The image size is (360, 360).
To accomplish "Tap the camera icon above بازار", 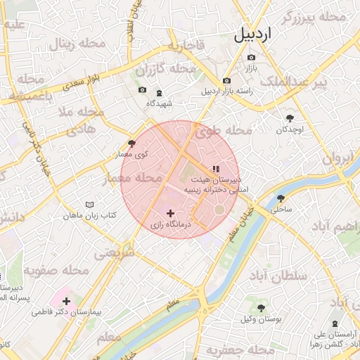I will pyautogui.click(x=251, y=57).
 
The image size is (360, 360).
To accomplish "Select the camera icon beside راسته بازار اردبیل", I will pyautogui.click(x=226, y=81).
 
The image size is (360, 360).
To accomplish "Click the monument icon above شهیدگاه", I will pyautogui.click(x=159, y=92).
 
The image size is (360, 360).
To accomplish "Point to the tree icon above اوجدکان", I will pyautogui.click(x=290, y=118).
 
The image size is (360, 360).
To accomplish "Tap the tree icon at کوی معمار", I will pyautogui.click(x=131, y=143).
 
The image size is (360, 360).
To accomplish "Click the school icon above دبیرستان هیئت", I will pyautogui.click(x=216, y=168).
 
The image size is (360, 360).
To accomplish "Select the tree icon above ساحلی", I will pyautogui.click(x=281, y=198).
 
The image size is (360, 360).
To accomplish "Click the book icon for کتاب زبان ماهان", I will pyautogui.click(x=89, y=204).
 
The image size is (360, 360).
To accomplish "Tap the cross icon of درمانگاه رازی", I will pyautogui.click(x=169, y=212).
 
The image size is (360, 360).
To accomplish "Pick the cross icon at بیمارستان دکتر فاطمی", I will pyautogui.click(x=66, y=300).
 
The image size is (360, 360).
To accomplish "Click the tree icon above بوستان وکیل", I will pyautogui.click(x=261, y=308).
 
